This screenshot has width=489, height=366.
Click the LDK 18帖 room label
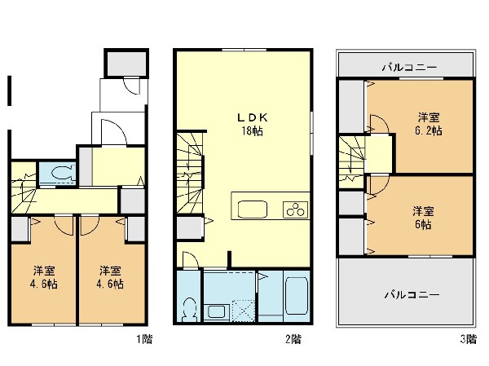(x=253, y=124)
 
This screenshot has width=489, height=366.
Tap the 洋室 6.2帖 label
(x=428, y=124)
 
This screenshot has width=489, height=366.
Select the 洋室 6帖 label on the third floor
(x=423, y=218)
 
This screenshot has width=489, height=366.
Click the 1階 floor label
(x=145, y=339)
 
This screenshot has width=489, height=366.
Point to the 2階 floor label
(x=293, y=339)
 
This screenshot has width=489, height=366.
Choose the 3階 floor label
(x=469, y=339)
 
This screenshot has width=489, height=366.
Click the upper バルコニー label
(x=409, y=67)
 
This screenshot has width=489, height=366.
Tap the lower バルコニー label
(x=412, y=294)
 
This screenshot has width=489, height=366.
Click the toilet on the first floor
(x=62, y=174)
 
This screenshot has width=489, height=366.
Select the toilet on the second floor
(x=190, y=310)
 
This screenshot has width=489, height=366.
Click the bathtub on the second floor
(x=297, y=295)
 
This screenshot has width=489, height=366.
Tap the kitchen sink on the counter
(x=253, y=209)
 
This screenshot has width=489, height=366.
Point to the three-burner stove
(x=296, y=209)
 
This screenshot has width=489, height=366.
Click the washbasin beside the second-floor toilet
(x=218, y=311)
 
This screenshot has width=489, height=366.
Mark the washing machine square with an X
(x=244, y=310)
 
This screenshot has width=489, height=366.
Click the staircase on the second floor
(x=190, y=173)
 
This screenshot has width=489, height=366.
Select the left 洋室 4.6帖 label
(x=44, y=277)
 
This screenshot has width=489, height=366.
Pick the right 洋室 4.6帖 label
(x=111, y=277)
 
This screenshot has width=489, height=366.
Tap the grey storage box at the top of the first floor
(x=126, y=64)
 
